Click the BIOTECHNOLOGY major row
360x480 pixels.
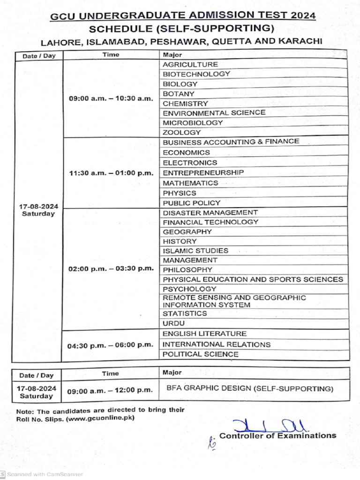pyautogui.click(x=196, y=74)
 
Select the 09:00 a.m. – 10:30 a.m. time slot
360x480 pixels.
pyautogui.click(x=111, y=99)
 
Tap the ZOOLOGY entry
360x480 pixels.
pyautogui.click(x=182, y=133)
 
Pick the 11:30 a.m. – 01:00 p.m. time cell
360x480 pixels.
pyautogui.click(x=111, y=173)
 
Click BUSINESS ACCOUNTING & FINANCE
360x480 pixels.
pyautogui.click(x=231, y=142)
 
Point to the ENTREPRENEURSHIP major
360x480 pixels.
pyautogui.click(x=203, y=173)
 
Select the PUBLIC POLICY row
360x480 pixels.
pyautogui.click(x=191, y=203)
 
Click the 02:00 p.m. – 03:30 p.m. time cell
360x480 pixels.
pyautogui.click(x=111, y=269)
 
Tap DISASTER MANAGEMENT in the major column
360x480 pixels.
pyautogui.click(x=210, y=213)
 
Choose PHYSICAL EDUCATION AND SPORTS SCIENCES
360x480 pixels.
pyautogui.click(x=253, y=279)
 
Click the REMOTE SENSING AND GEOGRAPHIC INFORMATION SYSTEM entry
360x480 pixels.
pyautogui.click(x=234, y=301)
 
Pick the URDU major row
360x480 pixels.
pyautogui.click(x=173, y=323)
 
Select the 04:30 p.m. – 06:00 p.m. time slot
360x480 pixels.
pyautogui.click(x=111, y=345)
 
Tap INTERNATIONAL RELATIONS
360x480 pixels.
pyautogui.click(x=216, y=345)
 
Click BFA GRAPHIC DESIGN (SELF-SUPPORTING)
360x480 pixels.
pyautogui.click(x=250, y=389)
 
